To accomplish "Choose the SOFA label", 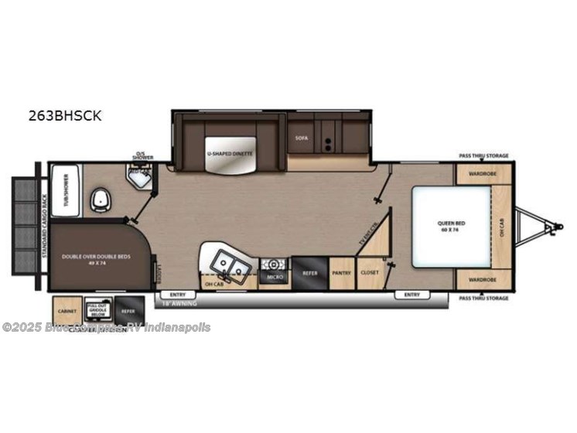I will click(302, 138).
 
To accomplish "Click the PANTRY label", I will click(341, 273).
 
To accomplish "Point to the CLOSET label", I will click(370, 273).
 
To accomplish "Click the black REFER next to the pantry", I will click(309, 273).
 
